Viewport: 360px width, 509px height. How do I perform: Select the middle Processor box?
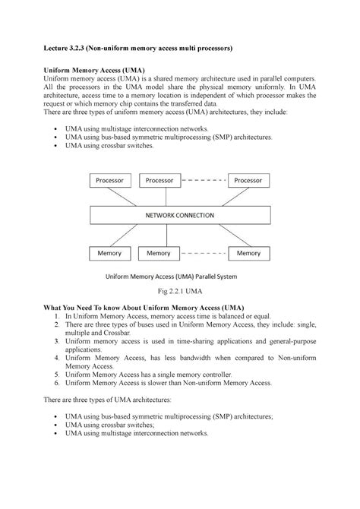tap(159, 181)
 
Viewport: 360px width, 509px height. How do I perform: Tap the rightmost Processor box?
tap(248, 181)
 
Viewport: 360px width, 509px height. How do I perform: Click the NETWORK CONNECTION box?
tap(180, 215)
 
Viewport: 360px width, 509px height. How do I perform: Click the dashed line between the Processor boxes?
tap(204, 181)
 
